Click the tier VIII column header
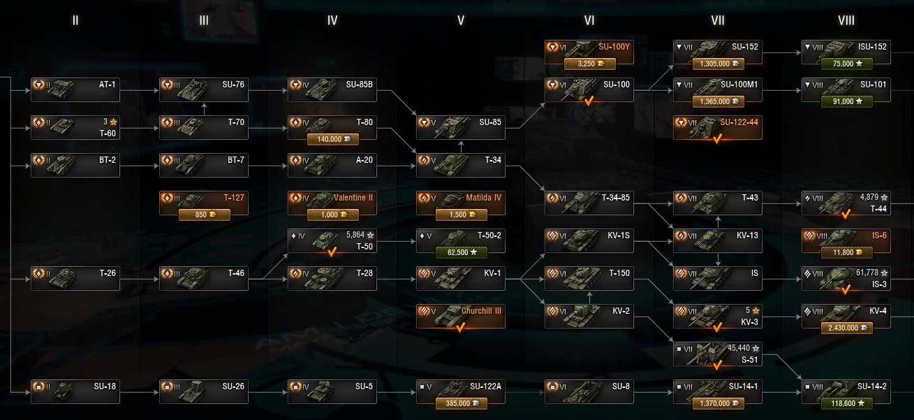pos(846,20)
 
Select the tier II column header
pos(75,20)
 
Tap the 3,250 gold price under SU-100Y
pos(589,64)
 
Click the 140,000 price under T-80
pos(332,139)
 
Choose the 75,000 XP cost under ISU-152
pos(846,64)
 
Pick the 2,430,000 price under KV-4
pos(846,328)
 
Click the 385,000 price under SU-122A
pos(460,403)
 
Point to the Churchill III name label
pos(481,310)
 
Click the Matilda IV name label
pos(484,197)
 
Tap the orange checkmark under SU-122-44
pos(717,138)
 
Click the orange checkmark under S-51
pos(717,364)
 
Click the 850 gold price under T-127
pos(203,215)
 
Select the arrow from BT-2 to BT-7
pos(140,166)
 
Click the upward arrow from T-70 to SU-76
pos(204,108)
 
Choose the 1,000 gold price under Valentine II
pos(332,215)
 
